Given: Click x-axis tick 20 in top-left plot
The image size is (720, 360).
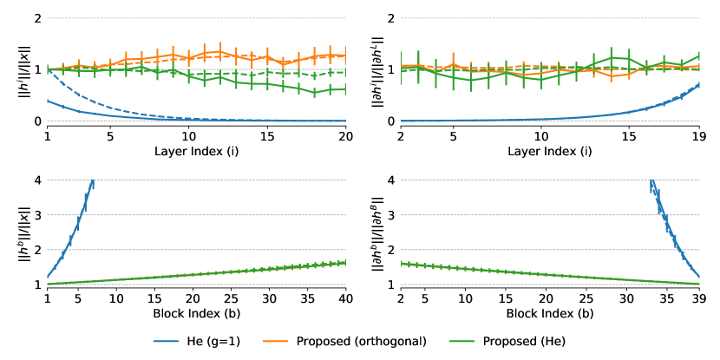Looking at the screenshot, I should [x=345, y=136].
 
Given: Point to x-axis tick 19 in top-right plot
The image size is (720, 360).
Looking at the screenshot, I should [x=699, y=136].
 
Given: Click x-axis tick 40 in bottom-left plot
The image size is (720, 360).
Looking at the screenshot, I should [x=345, y=299].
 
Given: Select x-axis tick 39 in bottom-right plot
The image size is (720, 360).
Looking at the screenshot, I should [x=699, y=299].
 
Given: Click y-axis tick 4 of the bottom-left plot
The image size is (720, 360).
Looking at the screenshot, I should [x=36, y=180].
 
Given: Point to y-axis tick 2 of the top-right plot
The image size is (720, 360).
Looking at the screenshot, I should [x=390, y=18].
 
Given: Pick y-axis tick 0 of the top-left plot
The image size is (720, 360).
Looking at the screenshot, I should [x=36, y=121].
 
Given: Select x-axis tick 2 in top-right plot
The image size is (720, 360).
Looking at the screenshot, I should [x=400, y=136].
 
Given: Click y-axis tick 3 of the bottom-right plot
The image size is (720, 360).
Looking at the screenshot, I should [x=390, y=215].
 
